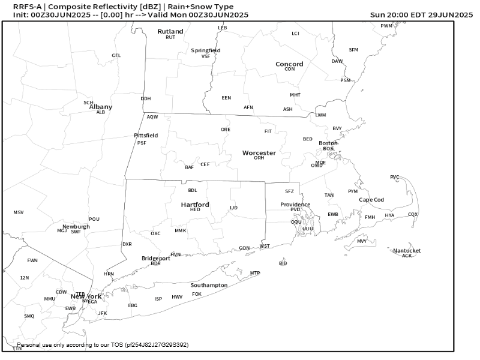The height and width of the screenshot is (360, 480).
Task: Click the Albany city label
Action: pyautogui.click(x=101, y=107)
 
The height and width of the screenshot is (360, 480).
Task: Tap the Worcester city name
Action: pyautogui.click(x=259, y=153)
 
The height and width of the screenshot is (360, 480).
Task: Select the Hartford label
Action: pyautogui.click(x=195, y=205)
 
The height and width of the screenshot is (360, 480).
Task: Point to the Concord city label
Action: pyautogui.click(x=289, y=64)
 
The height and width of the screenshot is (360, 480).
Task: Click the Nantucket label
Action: pyautogui.click(x=407, y=250)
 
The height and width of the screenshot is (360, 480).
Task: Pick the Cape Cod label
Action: pyautogui.click(x=371, y=200)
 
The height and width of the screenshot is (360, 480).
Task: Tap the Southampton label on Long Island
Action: pyautogui.click(x=209, y=285)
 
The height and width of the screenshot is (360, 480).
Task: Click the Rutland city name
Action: pyautogui.click(x=170, y=31)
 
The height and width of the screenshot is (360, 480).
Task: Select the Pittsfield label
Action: pyautogui.click(x=146, y=136)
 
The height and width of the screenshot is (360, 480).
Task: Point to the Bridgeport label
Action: pyautogui.click(x=156, y=258)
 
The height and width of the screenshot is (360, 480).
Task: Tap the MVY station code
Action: pyautogui.click(x=362, y=241)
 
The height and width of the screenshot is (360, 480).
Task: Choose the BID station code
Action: pyautogui.click(x=283, y=263)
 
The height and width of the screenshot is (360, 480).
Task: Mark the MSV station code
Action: pyautogui.click(x=19, y=212)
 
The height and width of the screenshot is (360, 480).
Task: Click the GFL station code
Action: pyautogui.click(x=116, y=55)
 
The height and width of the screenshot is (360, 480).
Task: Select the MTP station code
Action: pyautogui.click(x=255, y=273)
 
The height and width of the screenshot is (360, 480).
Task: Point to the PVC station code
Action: pyautogui.click(x=394, y=177)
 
